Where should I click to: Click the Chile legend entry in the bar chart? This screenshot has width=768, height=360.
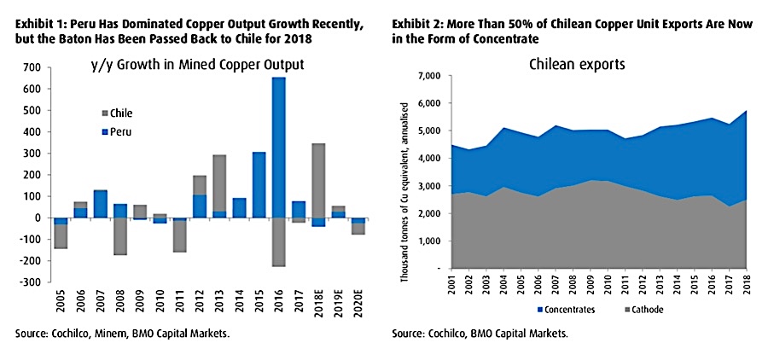(x=117, y=113)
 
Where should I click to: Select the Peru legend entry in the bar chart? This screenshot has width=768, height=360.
(x=116, y=131)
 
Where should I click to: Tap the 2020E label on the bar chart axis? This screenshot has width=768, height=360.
(x=360, y=305)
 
